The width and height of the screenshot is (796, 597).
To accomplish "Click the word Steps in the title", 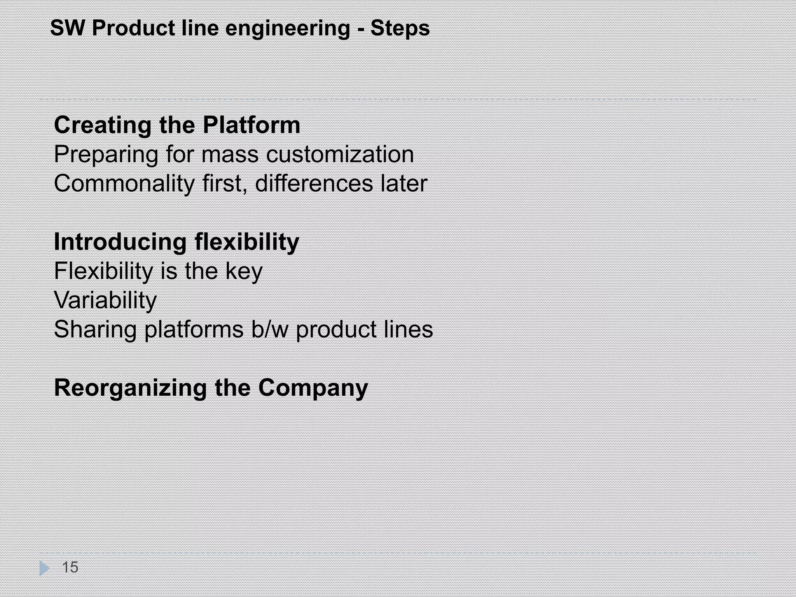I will [400, 29].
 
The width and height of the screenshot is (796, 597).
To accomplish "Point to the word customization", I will [340, 154].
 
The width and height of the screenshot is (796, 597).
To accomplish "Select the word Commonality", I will [124, 184].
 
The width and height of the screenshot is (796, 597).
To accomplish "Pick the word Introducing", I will [120, 242].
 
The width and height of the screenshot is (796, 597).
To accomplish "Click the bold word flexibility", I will [247, 242].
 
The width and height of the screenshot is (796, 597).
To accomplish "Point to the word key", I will [244, 271].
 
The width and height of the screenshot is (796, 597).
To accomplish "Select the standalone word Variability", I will [105, 300].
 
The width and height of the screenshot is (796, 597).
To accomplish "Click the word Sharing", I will [95, 330].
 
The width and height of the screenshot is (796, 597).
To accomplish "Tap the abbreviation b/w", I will [270, 330].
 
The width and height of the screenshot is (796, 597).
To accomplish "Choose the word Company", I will [313, 388].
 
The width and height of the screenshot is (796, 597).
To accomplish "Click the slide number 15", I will [70, 567].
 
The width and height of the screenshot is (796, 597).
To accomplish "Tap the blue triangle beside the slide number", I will [44, 568].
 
